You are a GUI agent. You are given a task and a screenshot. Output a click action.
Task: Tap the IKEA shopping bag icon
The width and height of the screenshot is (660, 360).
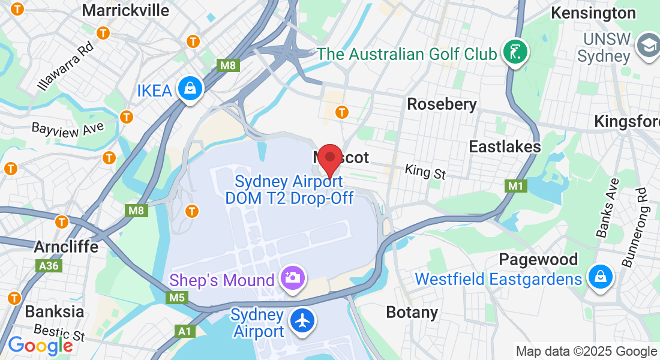[x=190, y=89]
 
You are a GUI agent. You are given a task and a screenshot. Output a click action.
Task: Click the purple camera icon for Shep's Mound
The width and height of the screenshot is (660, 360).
[x=293, y=278]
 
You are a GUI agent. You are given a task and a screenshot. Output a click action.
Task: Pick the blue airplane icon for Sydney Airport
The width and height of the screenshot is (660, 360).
[x=302, y=321]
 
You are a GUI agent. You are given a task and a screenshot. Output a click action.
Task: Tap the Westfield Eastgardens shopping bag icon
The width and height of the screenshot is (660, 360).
[x=599, y=277]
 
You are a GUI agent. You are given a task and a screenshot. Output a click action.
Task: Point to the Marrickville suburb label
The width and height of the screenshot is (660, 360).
[x=125, y=10]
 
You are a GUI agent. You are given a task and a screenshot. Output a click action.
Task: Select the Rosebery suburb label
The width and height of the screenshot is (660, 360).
[x=442, y=104]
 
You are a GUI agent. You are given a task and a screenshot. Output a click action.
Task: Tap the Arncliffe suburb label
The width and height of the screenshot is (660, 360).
[x=66, y=247]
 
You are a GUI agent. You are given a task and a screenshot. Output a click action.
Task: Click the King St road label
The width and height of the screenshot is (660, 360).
[x=425, y=172]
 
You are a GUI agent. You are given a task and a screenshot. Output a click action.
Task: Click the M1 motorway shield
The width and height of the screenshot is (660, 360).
[x=516, y=186]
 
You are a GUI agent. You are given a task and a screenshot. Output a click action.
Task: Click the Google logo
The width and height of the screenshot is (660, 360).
[x=40, y=346]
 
